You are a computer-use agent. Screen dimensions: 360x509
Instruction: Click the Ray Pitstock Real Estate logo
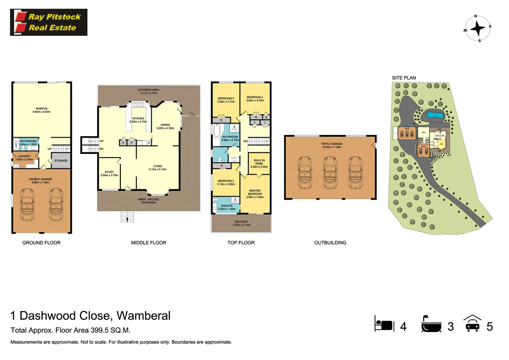click(49, 22)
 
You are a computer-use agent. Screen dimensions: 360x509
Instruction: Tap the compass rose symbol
click(477, 28)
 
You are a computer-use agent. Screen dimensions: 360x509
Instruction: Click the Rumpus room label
click(42, 109)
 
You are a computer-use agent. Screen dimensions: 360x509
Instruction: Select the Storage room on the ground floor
click(61, 161)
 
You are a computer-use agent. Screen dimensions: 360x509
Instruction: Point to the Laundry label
click(24, 156)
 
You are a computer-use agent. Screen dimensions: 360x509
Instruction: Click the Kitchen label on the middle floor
click(138, 118)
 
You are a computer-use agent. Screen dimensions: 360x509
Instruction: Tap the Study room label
click(109, 172)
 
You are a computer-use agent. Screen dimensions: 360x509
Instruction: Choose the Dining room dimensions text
click(165, 128)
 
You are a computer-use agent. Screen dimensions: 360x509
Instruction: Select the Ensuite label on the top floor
click(227, 206)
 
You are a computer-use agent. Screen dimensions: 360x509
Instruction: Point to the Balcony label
click(241, 222)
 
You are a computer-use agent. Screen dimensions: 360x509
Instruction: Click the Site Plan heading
click(404, 78)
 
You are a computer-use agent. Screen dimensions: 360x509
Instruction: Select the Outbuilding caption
click(330, 243)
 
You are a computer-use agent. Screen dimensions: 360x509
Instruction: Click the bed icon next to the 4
click(384, 324)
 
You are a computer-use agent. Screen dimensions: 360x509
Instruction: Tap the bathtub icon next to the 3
click(431, 324)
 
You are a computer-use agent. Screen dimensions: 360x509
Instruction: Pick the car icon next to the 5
click(472, 324)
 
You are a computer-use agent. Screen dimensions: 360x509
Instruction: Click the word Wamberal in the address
click(143, 316)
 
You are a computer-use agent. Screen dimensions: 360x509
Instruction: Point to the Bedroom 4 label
click(255, 97)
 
